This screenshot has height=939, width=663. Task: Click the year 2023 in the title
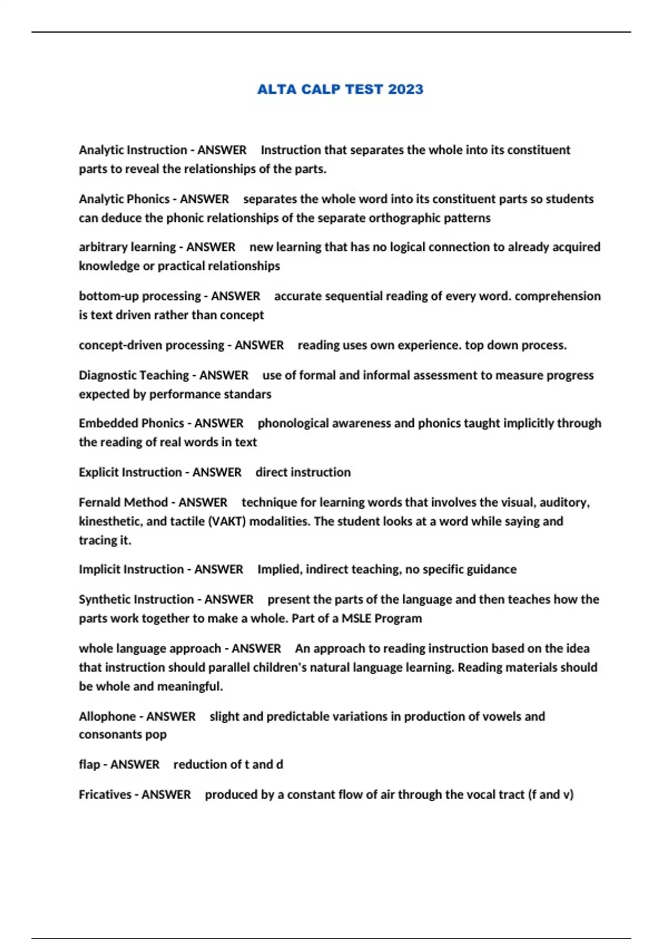pos(405,89)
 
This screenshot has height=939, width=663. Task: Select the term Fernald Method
pos(123,503)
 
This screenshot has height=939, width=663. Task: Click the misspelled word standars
pos(247,394)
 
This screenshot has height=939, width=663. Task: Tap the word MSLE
pos(356,619)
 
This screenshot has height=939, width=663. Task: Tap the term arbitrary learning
pos(127,247)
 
